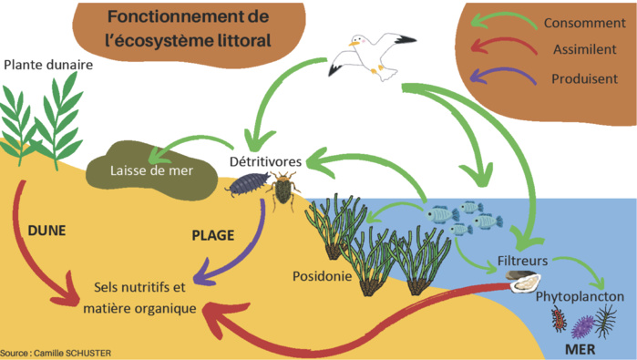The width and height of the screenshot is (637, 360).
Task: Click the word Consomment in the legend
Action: [x=584, y=22]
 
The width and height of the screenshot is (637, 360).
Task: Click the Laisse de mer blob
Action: [x=137, y=165]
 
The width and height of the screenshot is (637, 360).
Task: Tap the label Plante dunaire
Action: [x=48, y=66]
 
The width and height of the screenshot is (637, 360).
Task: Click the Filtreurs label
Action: [x=523, y=261]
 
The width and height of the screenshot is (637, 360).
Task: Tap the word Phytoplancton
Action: [x=580, y=297]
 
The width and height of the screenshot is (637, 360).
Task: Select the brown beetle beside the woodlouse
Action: [x=284, y=189]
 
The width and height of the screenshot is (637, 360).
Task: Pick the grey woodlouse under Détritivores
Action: [x=246, y=186]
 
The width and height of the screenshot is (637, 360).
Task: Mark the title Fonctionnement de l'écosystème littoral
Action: [x=188, y=29]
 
